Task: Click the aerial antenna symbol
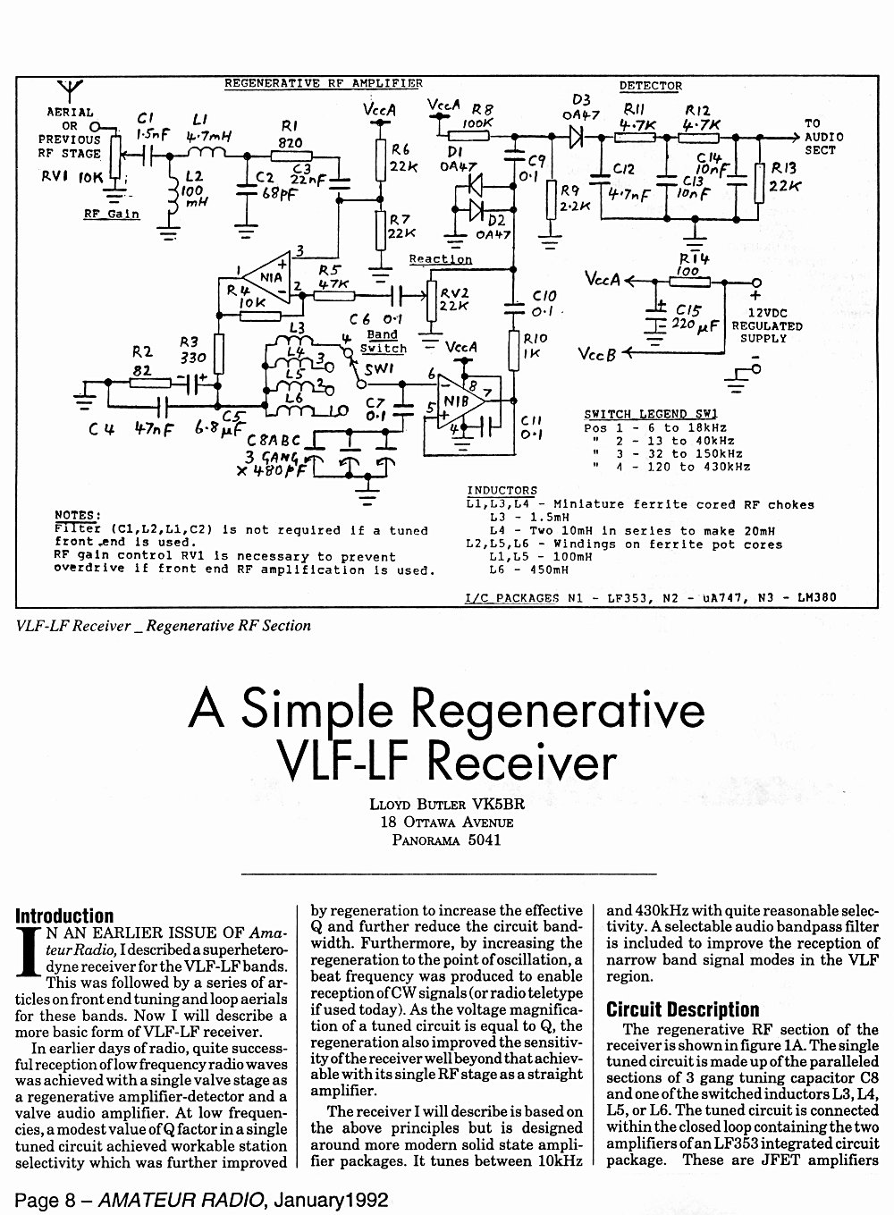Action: click(x=70, y=90)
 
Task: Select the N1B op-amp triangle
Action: click(x=461, y=401)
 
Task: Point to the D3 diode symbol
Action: click(x=576, y=137)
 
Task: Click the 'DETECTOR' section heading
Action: click(x=651, y=86)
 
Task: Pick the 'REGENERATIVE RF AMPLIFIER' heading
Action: click(x=324, y=83)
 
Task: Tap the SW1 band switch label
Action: click(x=378, y=369)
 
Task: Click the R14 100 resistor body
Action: click(x=689, y=282)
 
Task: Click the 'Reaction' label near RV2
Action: click(x=441, y=259)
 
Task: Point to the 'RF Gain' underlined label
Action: click(x=111, y=215)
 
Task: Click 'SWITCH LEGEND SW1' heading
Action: click(x=651, y=415)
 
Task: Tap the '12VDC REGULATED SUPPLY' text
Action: click(x=766, y=325)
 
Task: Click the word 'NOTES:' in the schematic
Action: click(x=78, y=515)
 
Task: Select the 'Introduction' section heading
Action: click(x=64, y=916)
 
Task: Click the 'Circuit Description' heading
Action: click(x=682, y=1009)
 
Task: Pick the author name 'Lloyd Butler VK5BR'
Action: click(x=447, y=804)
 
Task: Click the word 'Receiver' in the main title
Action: click(x=521, y=762)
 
